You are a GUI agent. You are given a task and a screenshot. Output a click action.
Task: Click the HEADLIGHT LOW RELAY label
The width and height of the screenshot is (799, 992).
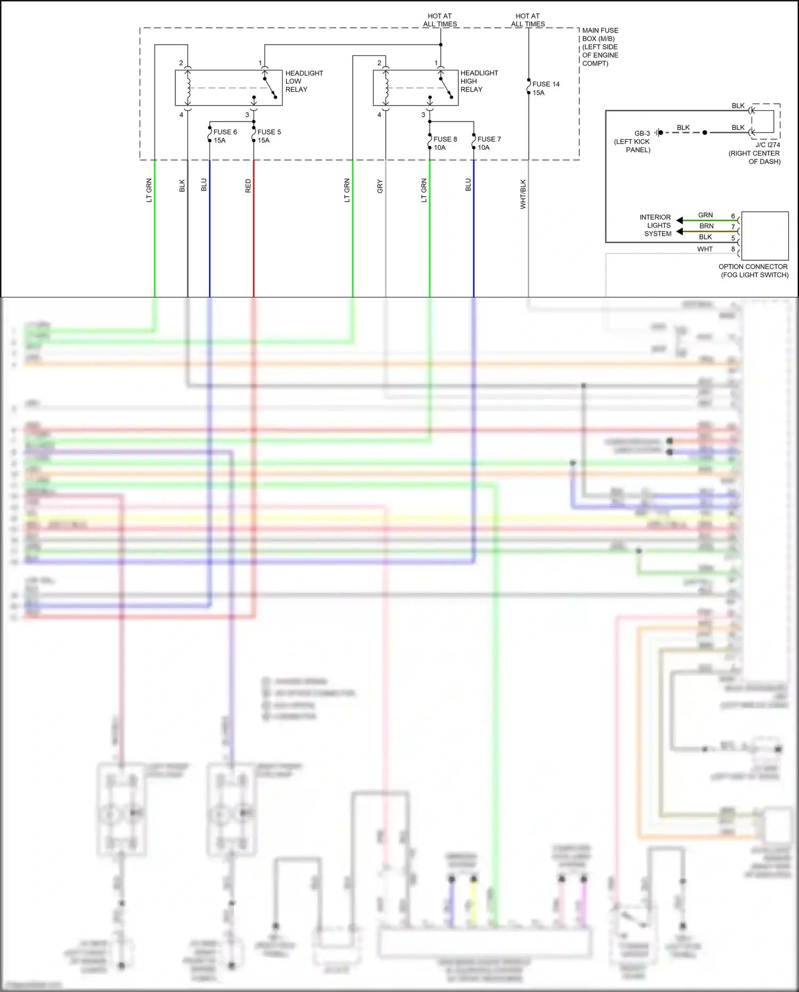click(x=304, y=81)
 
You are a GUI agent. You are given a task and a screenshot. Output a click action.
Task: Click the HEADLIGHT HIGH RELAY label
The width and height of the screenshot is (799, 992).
click(x=479, y=81)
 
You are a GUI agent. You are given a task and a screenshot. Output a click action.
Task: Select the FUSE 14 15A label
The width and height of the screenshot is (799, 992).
click(x=545, y=88)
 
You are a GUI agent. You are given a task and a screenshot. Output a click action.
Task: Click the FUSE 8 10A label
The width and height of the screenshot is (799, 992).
click(x=445, y=143)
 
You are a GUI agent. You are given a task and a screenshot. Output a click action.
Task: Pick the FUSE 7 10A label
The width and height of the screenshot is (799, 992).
click(x=489, y=143)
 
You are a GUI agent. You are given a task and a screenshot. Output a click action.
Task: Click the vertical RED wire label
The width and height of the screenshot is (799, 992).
click(x=248, y=186)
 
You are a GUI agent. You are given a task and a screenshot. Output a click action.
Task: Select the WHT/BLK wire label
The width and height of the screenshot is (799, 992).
click(x=523, y=193)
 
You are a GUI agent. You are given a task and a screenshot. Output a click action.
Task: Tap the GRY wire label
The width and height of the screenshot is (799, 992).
click(x=380, y=186)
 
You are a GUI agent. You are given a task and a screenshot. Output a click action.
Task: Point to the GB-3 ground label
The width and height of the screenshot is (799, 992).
click(x=642, y=133)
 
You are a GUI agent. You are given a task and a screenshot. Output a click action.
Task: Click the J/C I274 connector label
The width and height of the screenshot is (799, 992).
click(x=767, y=145)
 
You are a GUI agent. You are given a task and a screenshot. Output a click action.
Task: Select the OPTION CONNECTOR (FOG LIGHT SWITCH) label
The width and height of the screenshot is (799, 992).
click(x=753, y=271)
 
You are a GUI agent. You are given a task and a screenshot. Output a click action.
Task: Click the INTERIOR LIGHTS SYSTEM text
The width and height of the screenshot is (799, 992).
click(x=656, y=225)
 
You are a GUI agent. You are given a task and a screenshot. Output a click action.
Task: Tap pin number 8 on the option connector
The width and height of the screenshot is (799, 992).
click(x=733, y=249)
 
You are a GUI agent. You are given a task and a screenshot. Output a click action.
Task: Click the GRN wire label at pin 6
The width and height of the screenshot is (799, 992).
click(x=705, y=215)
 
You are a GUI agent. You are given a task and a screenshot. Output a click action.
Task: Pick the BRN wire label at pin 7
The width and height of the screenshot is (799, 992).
click(x=706, y=226)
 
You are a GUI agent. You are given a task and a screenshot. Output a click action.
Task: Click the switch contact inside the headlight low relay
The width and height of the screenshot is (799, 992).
click(x=270, y=88)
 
